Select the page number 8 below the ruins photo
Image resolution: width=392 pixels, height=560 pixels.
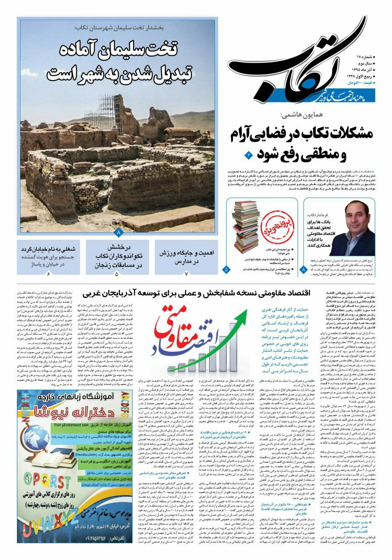point(118,231)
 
